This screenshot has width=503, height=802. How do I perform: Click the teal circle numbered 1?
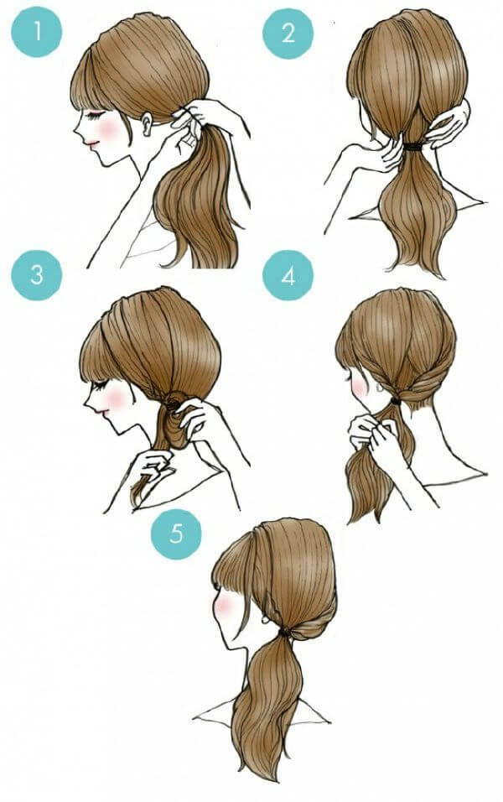click(x=36, y=31)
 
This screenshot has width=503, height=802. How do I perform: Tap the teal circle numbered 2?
click(x=288, y=34)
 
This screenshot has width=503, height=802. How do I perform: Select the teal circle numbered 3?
click(x=36, y=274)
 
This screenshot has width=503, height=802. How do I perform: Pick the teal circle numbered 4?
click(x=288, y=276)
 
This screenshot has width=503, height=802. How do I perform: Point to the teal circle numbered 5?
click(x=176, y=534)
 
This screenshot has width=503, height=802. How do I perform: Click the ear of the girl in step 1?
click(x=148, y=124)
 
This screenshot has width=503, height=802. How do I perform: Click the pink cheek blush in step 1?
click(x=109, y=129)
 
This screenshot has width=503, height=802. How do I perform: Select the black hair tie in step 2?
click(x=413, y=147)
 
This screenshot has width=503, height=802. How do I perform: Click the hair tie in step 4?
click(x=394, y=399)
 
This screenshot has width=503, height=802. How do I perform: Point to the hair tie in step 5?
click(x=284, y=633)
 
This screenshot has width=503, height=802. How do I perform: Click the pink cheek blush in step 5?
click(x=223, y=605)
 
